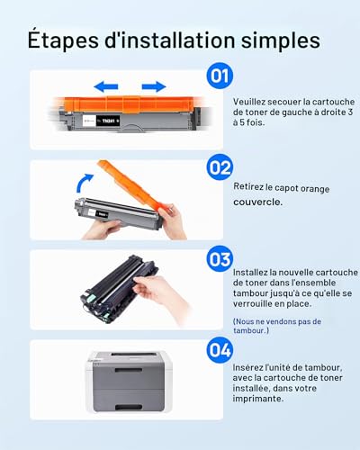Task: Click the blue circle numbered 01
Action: coord(220,76)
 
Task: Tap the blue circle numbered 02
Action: coord(220,167)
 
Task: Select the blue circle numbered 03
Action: coord(220,259)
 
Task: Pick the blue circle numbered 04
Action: coord(220,350)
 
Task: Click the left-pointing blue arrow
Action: coord(106,86)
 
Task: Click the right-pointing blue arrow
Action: coord(154,86)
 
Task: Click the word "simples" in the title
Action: coord(281,40)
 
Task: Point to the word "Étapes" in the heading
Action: coord(63,40)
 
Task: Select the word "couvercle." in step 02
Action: coord(258,202)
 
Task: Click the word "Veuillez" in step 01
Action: coord(249,102)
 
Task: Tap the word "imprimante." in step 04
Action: coord(258,399)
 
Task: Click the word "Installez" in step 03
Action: coord(250,273)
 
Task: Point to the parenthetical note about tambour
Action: coord(277,326)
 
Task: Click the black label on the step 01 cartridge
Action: coord(108,121)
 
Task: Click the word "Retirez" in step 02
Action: coord(248,186)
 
